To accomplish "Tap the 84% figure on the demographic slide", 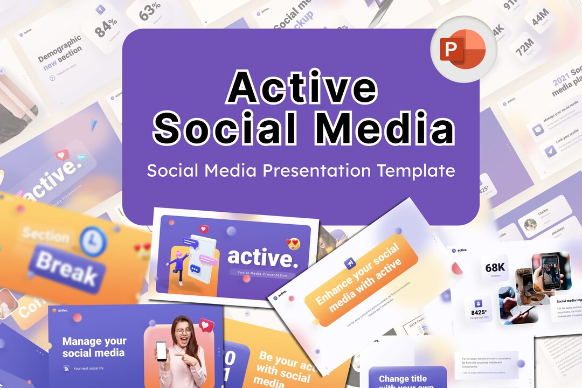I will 106,28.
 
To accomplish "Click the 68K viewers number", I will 494,268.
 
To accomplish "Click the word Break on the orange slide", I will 65,267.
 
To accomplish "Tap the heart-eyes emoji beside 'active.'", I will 294,244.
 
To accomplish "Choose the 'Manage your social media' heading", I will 94,347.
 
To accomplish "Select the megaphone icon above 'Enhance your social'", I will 349,263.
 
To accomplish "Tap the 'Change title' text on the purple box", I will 403,379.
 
